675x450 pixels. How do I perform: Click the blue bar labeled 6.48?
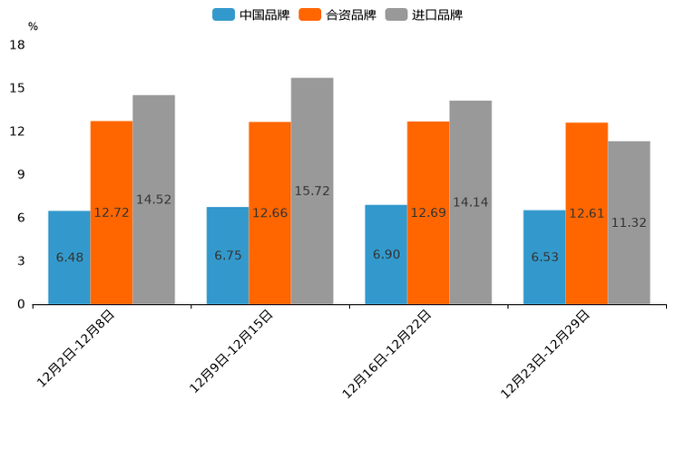(69, 257)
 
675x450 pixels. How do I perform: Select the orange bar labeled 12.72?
(112, 212)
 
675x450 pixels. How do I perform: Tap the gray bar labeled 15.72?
(312, 191)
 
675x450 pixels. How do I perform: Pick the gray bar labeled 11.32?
(629, 222)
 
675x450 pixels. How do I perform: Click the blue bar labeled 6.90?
(386, 254)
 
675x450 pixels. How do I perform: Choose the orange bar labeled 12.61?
(587, 213)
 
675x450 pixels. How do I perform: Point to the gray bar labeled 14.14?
(470, 202)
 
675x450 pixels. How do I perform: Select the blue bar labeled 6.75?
(228, 255)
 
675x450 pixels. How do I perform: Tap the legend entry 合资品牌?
(350, 15)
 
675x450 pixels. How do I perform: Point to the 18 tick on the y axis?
(16, 44)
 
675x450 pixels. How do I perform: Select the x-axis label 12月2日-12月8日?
(76, 348)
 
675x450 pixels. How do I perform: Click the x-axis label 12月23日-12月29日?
(546, 354)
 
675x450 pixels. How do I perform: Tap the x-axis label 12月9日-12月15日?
(231, 351)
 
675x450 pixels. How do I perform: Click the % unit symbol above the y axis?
(33, 26)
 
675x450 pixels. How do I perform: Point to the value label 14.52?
(153, 200)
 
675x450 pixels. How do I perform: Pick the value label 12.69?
(428, 212)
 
